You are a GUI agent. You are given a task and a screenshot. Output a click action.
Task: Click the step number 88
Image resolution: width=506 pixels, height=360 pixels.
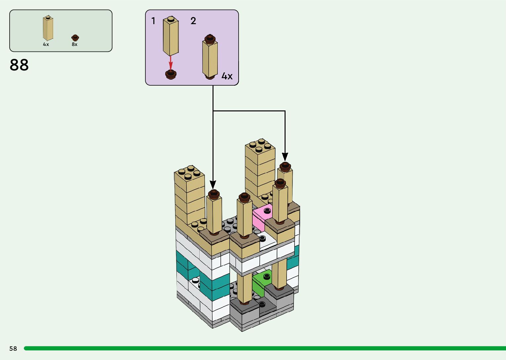click(x=19, y=65)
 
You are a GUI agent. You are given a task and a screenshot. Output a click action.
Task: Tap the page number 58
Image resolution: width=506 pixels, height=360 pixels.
click(x=13, y=348)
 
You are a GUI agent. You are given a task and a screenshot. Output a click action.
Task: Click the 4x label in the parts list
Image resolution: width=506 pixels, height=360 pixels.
click(x=46, y=44)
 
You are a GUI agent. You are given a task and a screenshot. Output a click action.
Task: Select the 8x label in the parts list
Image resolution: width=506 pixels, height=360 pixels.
click(x=75, y=44)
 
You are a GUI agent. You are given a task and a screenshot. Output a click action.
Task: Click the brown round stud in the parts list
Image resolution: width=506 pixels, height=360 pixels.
click(x=75, y=37)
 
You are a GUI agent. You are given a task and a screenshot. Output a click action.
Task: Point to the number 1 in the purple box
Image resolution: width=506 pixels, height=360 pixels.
click(x=153, y=21)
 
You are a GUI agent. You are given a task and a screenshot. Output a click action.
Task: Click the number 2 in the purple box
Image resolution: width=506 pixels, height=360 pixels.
click(x=193, y=21)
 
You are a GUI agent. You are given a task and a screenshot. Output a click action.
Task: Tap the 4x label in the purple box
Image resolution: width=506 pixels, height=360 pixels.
click(x=227, y=76)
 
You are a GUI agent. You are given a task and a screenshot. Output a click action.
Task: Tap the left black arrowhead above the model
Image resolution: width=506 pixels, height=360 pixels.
click(x=213, y=184)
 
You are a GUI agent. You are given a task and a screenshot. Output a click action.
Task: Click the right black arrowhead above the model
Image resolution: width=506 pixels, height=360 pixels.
click(x=285, y=156)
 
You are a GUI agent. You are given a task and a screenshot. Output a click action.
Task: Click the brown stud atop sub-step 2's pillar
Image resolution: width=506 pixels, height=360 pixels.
click(x=210, y=39)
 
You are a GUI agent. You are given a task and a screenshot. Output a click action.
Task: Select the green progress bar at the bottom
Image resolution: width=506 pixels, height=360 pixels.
click(x=264, y=348)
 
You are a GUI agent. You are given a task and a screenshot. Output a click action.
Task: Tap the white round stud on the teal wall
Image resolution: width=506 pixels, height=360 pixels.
click(x=196, y=280)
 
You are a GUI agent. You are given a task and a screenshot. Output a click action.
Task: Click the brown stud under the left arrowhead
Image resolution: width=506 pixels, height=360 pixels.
click(x=214, y=193)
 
